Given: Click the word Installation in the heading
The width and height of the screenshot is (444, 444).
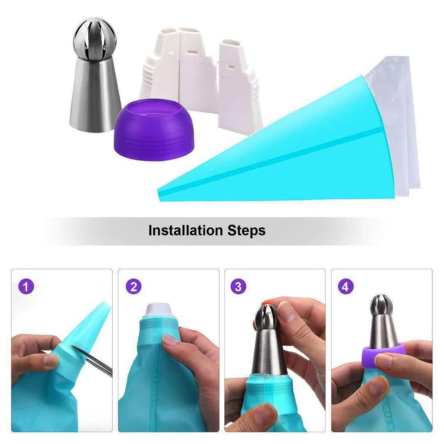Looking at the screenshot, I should [x=185, y=230].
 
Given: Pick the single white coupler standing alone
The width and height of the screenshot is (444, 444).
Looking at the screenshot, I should [x=238, y=88].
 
